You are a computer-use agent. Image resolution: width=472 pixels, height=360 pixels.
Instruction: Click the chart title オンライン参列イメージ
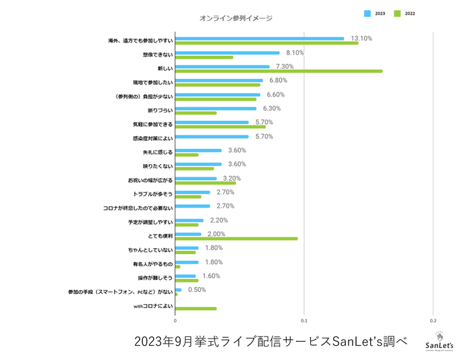pos(236,18)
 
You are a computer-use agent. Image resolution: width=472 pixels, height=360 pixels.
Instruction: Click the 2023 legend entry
pos(375,13)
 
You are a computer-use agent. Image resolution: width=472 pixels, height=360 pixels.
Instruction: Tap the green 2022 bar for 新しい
pos(278,71)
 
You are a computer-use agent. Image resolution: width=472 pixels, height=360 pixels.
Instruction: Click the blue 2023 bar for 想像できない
pos(227,53)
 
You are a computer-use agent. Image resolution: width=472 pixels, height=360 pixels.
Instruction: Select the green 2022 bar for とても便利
pos(236,238)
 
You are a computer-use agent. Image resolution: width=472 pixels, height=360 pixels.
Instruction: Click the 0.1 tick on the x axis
pos(304,321)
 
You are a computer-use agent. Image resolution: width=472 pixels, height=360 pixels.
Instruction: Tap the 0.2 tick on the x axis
pos(433,321)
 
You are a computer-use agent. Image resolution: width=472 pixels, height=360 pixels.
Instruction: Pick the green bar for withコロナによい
pos(196,308)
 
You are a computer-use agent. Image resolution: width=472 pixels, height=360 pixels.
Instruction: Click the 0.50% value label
pos(197,290)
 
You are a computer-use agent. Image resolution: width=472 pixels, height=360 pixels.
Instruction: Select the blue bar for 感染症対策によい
pos(212,137)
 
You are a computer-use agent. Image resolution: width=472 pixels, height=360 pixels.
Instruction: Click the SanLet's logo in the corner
pos(439,341)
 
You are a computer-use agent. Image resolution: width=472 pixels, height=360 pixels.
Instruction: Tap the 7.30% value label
pos(286,67)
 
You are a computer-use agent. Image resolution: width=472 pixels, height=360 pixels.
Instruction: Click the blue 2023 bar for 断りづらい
pos(216,109)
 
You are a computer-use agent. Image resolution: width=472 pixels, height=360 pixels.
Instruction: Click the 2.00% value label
pos(216,234)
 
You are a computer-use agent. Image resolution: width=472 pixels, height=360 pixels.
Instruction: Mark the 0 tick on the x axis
pos(175,321)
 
